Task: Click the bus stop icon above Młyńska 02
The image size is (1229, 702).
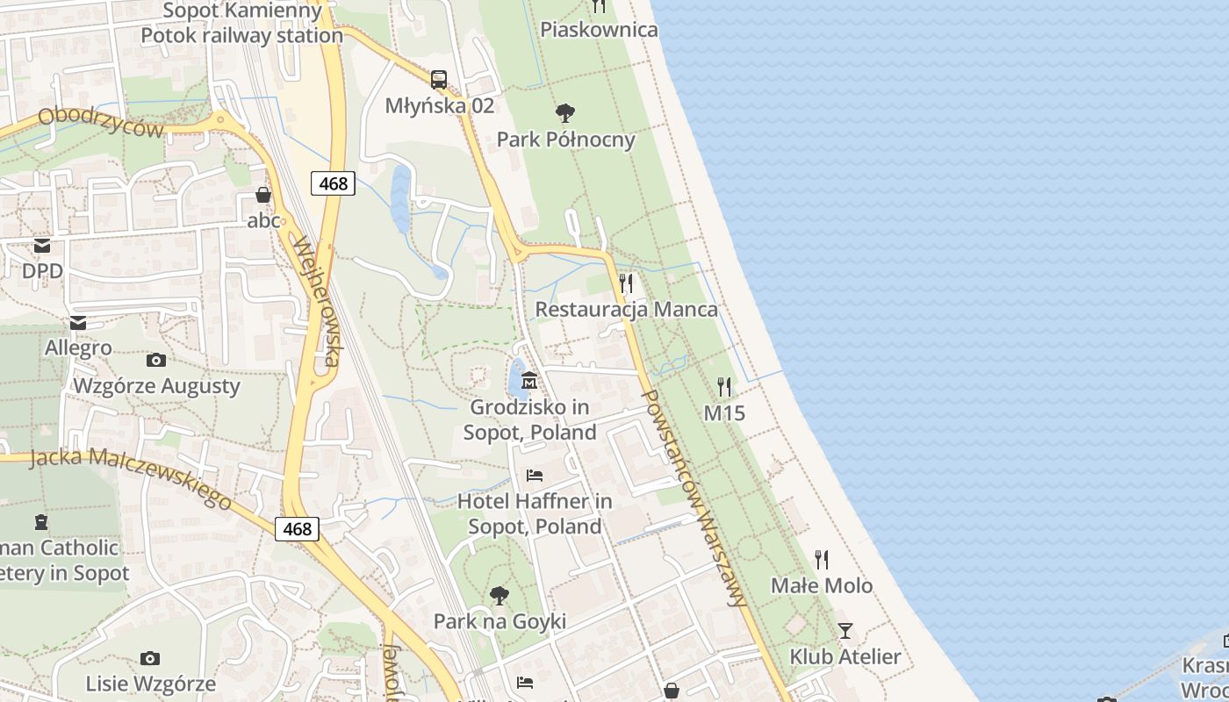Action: coord(439,80)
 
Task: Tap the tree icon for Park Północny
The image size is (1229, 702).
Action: coord(565,113)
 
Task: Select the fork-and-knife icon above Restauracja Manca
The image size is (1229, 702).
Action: coord(626,283)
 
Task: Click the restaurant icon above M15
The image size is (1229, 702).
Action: coord(724,386)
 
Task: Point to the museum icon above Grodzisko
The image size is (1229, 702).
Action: coord(529,381)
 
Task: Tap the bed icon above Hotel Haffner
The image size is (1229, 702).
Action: coord(534,476)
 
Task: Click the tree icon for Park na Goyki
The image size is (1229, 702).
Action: coord(500,596)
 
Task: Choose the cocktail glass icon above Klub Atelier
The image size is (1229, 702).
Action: coord(844,630)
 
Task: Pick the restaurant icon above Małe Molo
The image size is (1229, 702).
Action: coord(822,559)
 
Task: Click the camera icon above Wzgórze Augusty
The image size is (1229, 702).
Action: coord(156,360)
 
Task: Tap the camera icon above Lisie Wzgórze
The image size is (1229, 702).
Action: coord(150,658)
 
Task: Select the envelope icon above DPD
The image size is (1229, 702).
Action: coord(42,246)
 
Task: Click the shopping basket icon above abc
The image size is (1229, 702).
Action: coord(263,195)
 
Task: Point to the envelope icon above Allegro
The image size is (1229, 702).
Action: coord(78,323)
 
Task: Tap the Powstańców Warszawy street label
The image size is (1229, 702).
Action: coord(694,497)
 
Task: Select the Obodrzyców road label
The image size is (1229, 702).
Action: coord(101,122)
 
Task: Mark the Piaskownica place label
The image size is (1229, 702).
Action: coord(599,30)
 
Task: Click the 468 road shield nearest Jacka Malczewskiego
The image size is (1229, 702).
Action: coord(297,528)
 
